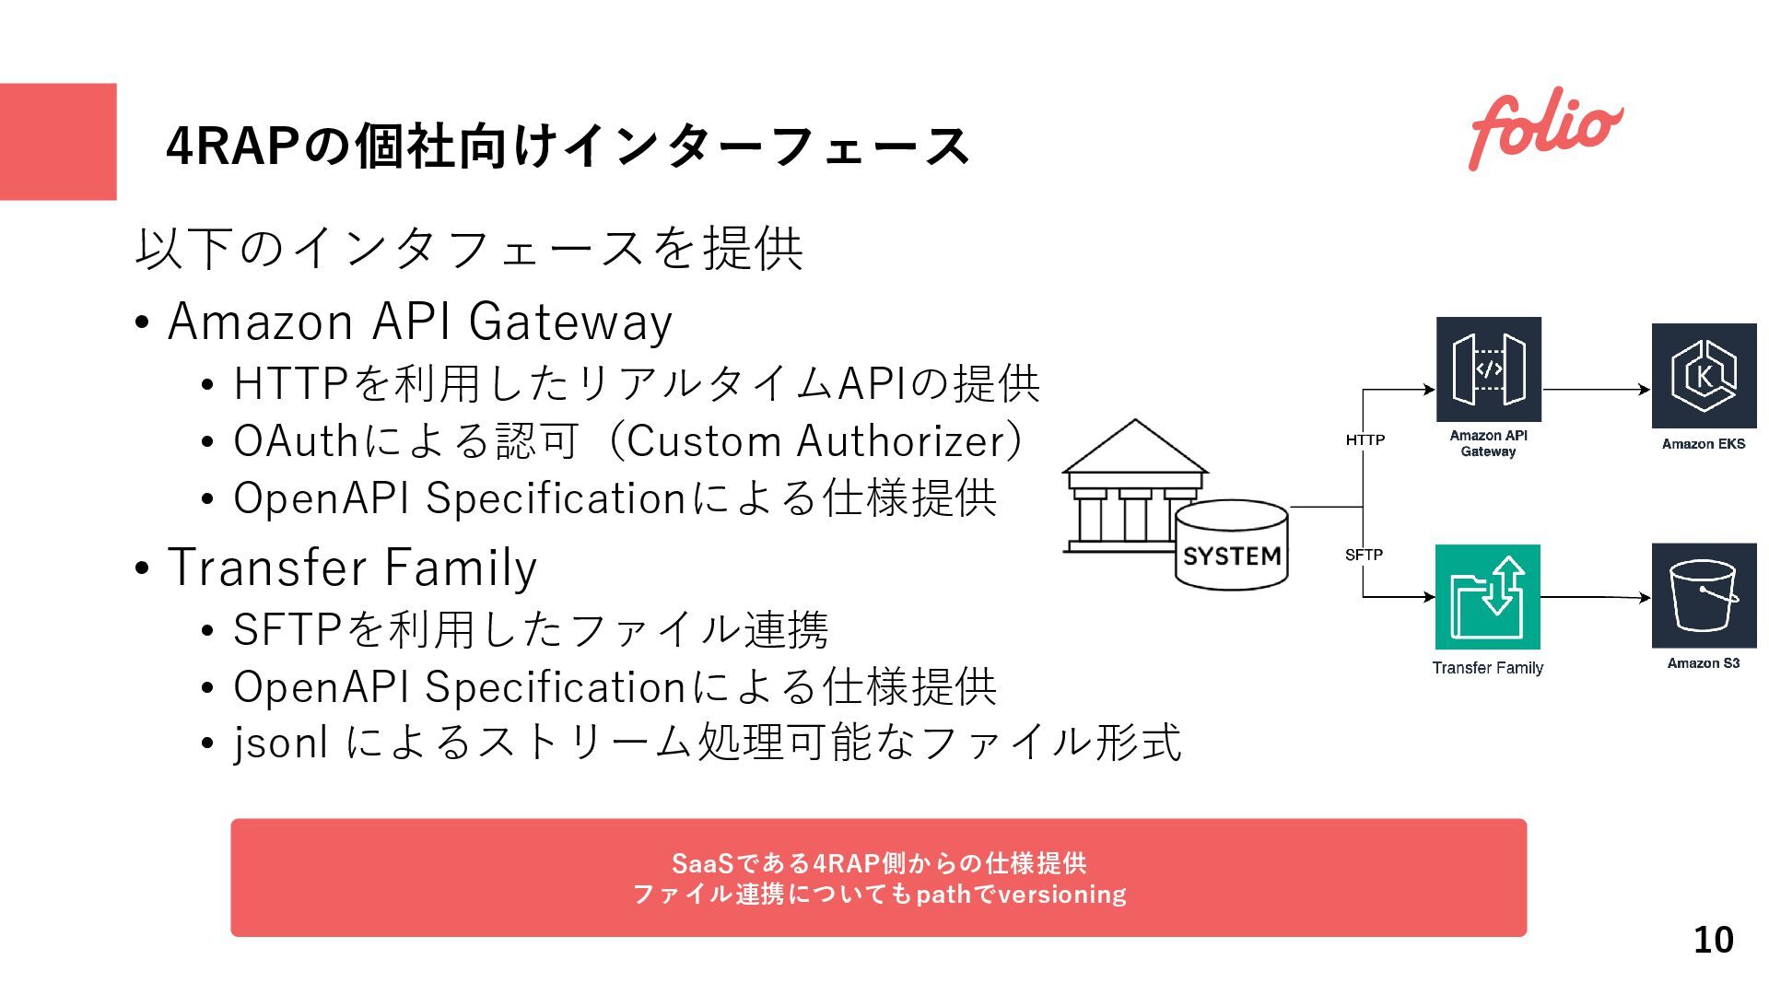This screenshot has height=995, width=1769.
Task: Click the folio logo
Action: tap(1545, 130)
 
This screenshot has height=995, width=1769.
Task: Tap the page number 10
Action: tap(1713, 940)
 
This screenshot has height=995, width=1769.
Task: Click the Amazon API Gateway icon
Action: tap(1488, 369)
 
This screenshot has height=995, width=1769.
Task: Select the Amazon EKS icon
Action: tap(1704, 376)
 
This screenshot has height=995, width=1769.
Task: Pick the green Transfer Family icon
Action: tap(1487, 597)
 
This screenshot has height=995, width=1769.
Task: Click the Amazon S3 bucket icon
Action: tap(1704, 596)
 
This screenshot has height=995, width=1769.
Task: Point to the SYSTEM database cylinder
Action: tap(1232, 544)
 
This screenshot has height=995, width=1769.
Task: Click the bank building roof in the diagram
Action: tap(1135, 448)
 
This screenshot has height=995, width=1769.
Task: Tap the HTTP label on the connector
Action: tap(1365, 440)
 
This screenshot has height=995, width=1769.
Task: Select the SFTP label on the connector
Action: tap(1364, 555)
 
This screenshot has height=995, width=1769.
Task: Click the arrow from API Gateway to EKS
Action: tap(1596, 390)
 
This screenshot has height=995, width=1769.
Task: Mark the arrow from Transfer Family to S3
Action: tap(1595, 597)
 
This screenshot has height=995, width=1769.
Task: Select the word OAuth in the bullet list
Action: tap(295, 441)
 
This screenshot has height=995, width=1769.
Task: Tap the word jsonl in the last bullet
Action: tap(280, 743)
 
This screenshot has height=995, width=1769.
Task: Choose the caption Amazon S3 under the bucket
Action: tap(1704, 663)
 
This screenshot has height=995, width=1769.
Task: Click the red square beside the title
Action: tap(58, 142)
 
